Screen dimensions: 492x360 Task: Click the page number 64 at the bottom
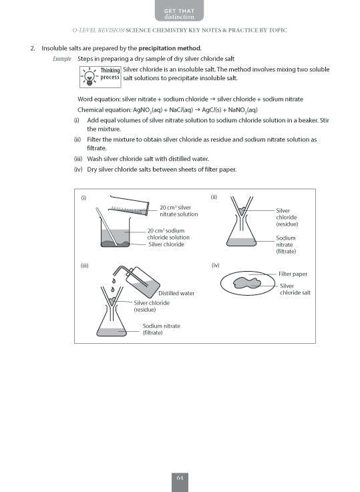180,478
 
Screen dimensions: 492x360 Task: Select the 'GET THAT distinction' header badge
180,11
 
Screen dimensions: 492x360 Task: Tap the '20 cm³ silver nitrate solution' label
178,210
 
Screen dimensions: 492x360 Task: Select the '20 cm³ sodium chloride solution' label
168,234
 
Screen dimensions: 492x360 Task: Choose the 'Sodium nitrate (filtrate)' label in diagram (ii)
286,244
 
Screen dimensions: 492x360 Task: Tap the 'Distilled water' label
176,293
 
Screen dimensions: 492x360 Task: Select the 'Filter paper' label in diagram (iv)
293,274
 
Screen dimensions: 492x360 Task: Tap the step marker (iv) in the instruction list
78,169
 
